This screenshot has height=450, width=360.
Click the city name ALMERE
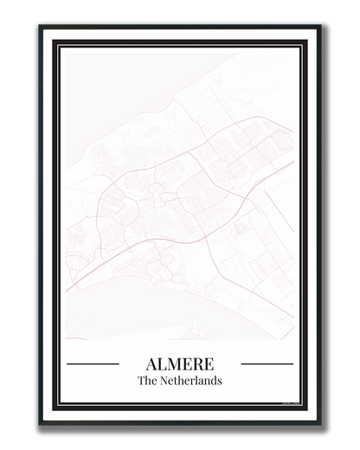tap(180, 363)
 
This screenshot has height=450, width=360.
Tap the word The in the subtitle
tap(147, 380)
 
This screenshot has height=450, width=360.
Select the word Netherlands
tap(190, 380)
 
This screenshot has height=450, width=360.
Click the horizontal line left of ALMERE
tap(93, 363)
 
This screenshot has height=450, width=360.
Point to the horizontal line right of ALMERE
tap(267, 363)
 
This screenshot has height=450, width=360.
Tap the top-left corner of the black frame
tap(42, 28)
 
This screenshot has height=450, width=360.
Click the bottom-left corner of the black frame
tap(42, 423)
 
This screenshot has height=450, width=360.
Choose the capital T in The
tap(141, 380)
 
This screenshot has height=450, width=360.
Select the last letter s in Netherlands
tap(219, 380)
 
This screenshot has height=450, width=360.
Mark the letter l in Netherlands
tap(196, 380)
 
